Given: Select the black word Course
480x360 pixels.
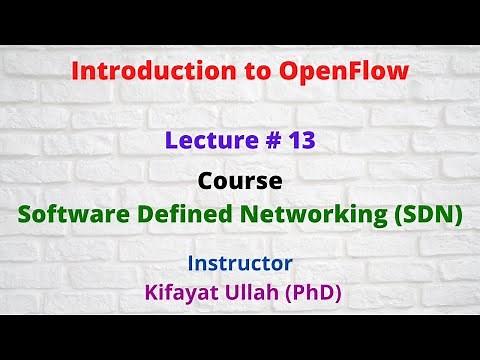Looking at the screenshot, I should point(239,183).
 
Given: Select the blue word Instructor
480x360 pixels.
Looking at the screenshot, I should point(239,263).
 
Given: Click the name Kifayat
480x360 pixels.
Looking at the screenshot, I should point(181,294).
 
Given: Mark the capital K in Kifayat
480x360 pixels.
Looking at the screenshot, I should point(149,294).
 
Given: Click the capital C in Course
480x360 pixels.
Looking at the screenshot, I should point(206,183).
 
